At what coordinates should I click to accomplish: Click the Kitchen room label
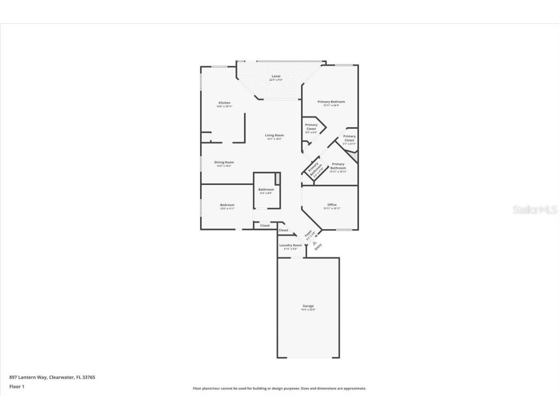tap(224, 103)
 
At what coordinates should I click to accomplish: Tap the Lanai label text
tap(276, 76)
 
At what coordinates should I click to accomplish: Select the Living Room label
tap(274, 135)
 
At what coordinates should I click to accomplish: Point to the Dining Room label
tap(224, 162)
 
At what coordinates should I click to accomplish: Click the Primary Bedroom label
tap(331, 102)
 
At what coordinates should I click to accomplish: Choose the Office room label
tap(332, 205)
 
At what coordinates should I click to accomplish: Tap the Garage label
tap(308, 306)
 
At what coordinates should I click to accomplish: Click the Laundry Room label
tap(290, 245)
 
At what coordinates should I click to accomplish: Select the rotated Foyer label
tap(308, 234)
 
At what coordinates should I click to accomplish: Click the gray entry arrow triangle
tap(314, 243)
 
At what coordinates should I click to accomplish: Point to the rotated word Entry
tap(318, 247)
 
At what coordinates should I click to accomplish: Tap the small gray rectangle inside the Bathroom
tap(277, 178)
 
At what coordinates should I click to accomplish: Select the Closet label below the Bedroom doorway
tap(265, 226)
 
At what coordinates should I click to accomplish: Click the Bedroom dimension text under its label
tap(227, 209)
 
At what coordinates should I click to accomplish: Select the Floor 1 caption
tap(16, 387)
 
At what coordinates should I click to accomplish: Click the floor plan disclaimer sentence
tap(279, 388)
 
